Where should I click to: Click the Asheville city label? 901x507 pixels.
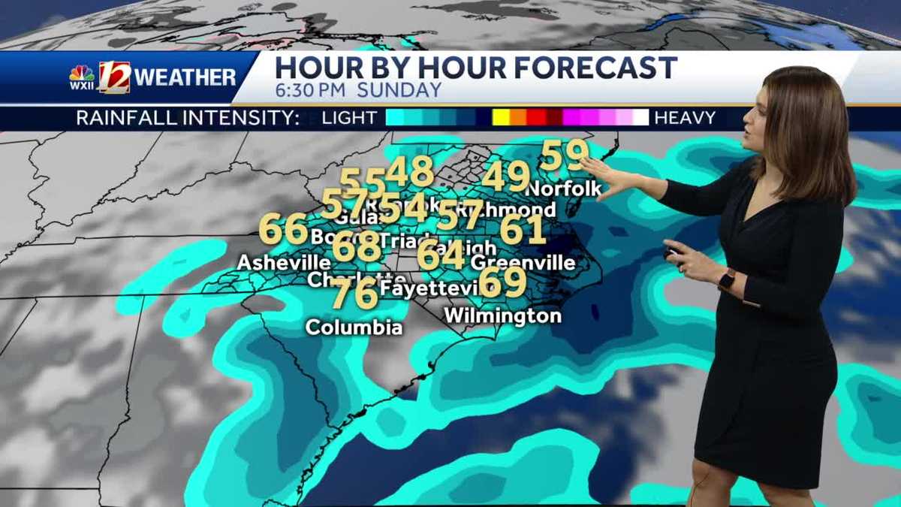(x=283, y=263)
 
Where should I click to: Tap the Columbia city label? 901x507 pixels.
(x=354, y=327)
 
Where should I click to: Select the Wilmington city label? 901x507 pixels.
(x=502, y=315)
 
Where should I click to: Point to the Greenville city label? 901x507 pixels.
(x=523, y=263)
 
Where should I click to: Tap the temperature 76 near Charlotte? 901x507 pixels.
(x=354, y=293)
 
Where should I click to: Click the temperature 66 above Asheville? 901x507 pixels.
(x=283, y=229)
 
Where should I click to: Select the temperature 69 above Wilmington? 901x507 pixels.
(x=502, y=282)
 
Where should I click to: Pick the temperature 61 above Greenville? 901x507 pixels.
(x=523, y=229)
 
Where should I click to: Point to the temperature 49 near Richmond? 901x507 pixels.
(x=505, y=177)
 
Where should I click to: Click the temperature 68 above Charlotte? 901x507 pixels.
(x=356, y=246)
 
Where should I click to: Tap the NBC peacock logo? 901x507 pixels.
(x=82, y=74)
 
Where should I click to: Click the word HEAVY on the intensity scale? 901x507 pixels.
(x=685, y=118)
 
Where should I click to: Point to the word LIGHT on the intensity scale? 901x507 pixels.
(x=349, y=118)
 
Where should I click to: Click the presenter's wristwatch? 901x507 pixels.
(x=726, y=280)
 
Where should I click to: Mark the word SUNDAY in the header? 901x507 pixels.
(x=399, y=91)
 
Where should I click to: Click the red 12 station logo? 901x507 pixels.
(x=114, y=77)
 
